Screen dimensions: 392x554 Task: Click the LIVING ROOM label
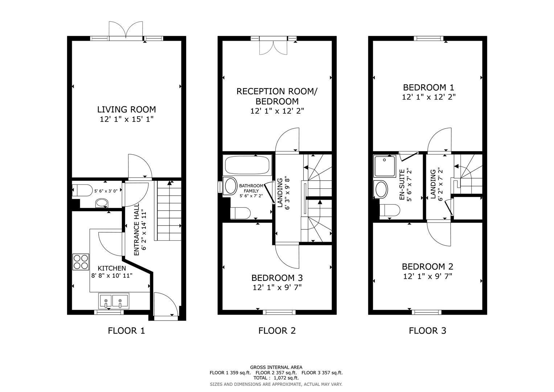click(126, 109)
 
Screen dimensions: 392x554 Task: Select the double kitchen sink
click(113, 301)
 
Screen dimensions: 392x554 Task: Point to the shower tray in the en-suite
click(385, 166)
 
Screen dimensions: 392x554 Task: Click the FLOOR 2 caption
click(277, 331)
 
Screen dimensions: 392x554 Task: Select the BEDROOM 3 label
click(277, 278)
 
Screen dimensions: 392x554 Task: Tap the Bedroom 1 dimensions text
click(428, 97)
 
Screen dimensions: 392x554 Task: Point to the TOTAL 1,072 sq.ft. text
click(276, 378)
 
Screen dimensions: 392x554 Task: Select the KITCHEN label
click(111, 268)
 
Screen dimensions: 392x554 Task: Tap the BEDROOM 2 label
click(427, 267)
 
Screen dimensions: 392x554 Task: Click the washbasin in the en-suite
click(381, 189)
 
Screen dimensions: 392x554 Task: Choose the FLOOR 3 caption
click(427, 331)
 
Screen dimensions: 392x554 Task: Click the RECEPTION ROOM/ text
click(277, 91)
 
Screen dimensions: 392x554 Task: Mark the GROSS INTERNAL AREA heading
click(276, 367)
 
